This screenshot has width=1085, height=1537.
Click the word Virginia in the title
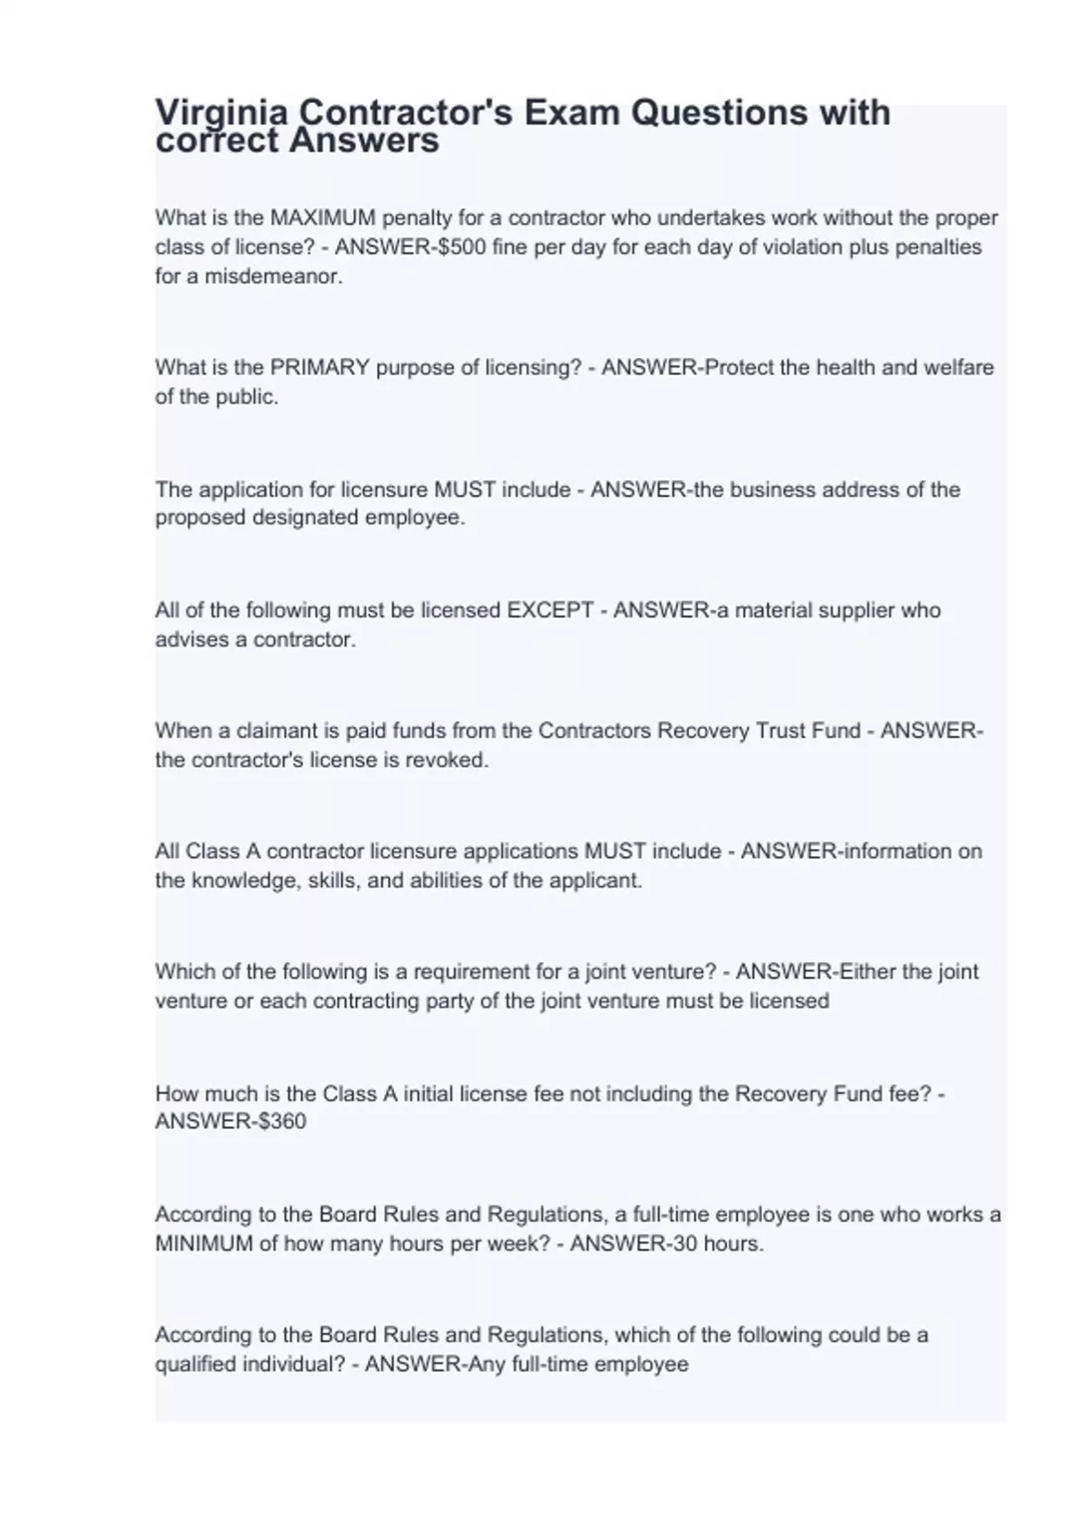point(222,114)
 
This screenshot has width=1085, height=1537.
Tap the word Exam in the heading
point(575,113)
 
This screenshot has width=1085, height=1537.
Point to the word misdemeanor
point(274,277)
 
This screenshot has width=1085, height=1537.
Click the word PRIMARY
point(319,367)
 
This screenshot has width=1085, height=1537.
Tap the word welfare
point(958,367)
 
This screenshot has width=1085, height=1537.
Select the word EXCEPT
point(550,610)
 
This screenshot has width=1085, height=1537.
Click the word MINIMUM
point(204,1243)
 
